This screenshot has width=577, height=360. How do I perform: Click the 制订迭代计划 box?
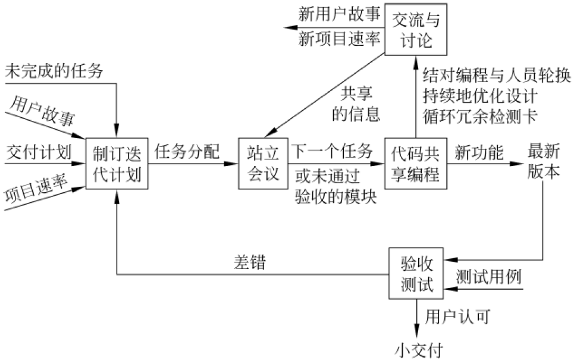click(117, 164)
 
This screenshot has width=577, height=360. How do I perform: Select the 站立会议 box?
click(263, 164)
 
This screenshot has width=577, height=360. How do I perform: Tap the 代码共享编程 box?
click(416, 164)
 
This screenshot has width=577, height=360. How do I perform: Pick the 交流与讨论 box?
click(416, 29)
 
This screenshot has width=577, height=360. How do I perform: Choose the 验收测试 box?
click(416, 274)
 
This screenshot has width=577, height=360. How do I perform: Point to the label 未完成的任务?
click(54, 71)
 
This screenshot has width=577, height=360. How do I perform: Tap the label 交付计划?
click(39, 152)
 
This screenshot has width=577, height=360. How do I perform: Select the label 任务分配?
click(187, 152)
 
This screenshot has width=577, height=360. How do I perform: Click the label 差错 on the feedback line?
click(250, 262)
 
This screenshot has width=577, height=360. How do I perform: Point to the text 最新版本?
click(544, 161)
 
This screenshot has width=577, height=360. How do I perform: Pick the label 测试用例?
click(489, 277)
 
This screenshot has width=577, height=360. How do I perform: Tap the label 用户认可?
click(458, 317)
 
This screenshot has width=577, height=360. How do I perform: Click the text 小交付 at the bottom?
click(419, 350)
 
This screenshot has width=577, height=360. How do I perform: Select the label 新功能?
click(479, 152)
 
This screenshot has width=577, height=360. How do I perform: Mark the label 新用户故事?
click(339, 15)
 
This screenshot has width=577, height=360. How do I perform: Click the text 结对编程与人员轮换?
click(497, 76)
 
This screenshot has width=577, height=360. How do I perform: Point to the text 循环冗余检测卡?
click(480, 116)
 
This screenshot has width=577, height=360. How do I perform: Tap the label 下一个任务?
click(332, 151)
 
